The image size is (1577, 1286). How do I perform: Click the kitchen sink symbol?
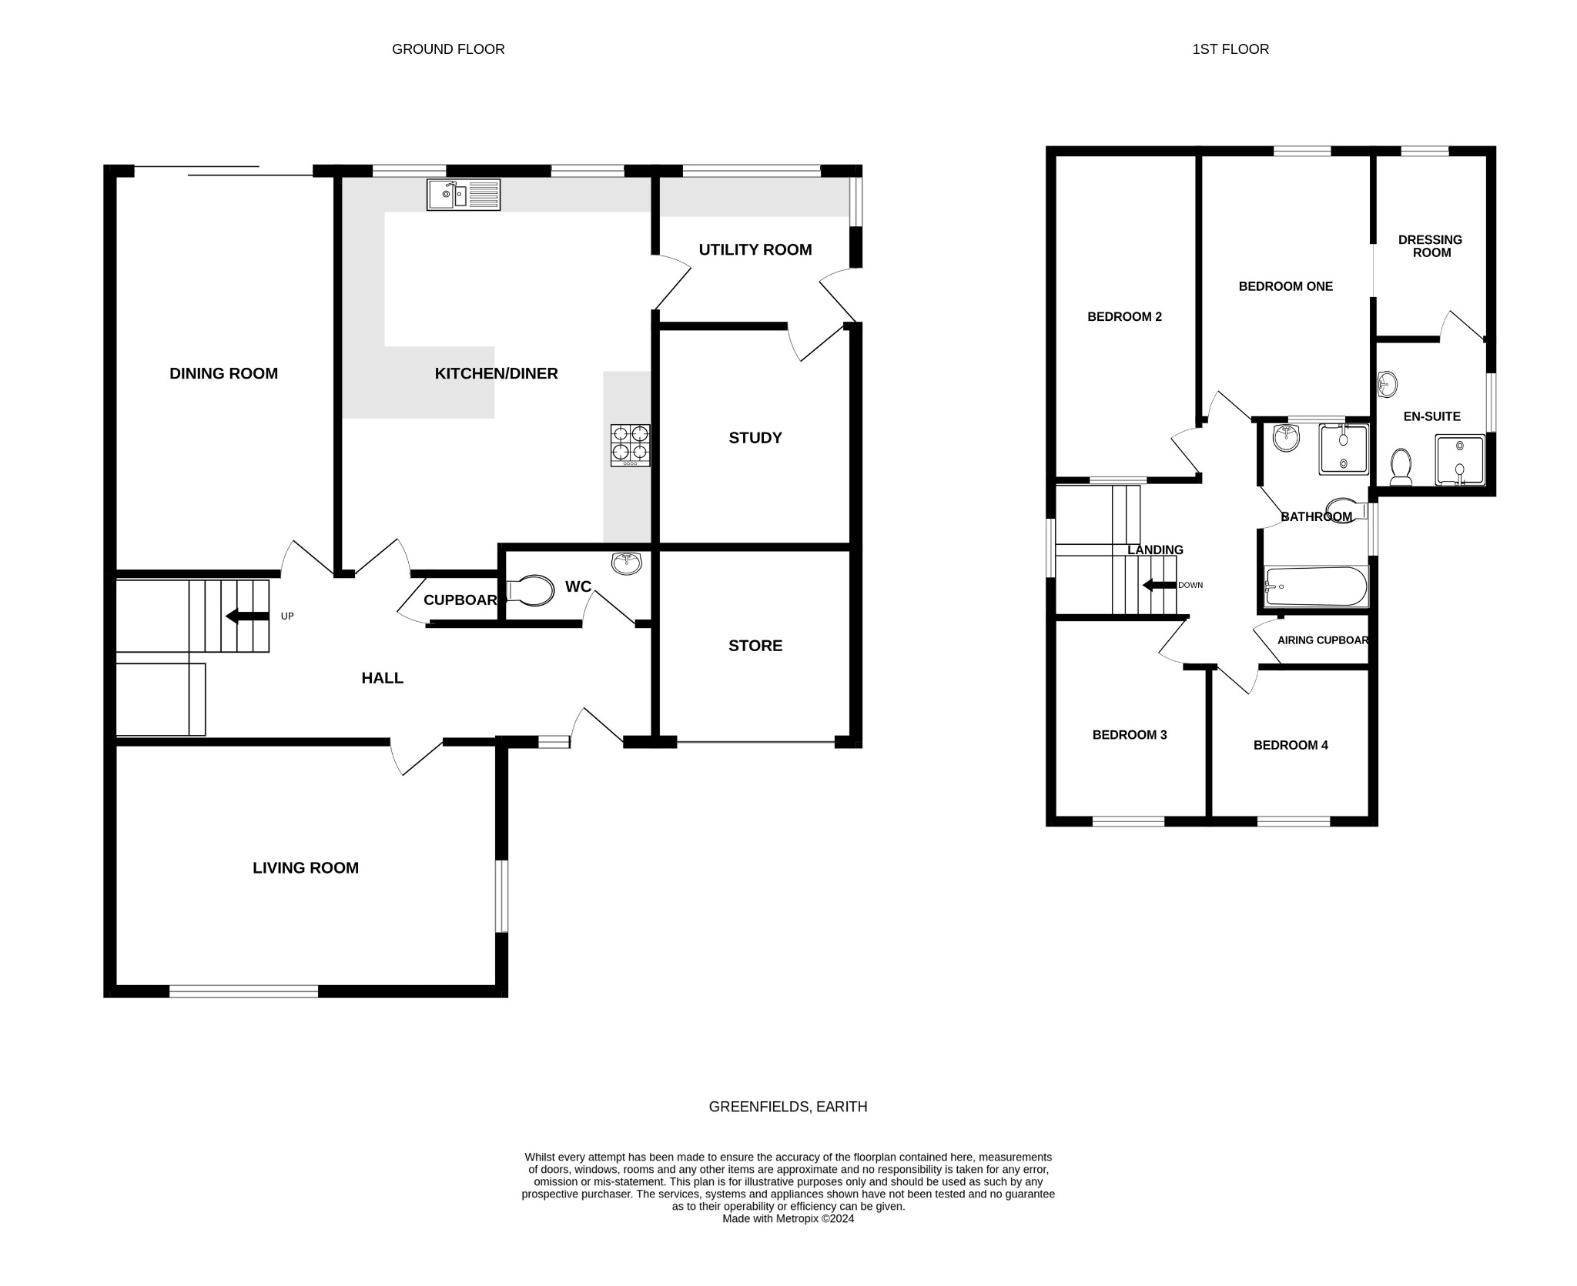[x=464, y=195]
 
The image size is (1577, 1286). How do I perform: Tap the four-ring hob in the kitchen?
[x=630, y=445]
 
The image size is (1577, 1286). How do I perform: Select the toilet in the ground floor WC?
[x=531, y=591]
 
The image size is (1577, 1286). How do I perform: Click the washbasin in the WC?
[x=627, y=563]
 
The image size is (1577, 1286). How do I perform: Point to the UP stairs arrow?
[x=246, y=616]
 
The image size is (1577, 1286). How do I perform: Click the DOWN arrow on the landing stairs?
[x=1159, y=585]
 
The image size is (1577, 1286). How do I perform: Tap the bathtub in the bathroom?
[x=1316, y=586]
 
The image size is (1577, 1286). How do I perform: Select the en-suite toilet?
[x=1401, y=467]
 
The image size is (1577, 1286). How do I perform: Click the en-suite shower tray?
[x=1459, y=460]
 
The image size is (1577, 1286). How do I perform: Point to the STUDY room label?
[x=755, y=438]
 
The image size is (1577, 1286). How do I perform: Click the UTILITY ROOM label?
[x=755, y=249]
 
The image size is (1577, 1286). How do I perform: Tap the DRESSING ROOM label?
[x=1430, y=246]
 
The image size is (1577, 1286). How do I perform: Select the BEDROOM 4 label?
[x=1291, y=745]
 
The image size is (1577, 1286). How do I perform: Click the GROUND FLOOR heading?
[x=448, y=49]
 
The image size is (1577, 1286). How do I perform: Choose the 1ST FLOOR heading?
[x=1230, y=49]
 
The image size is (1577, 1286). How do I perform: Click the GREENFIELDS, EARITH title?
[x=788, y=1107]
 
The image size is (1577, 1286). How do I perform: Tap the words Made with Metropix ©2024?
[x=788, y=1218]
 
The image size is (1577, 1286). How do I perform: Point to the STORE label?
[x=755, y=646]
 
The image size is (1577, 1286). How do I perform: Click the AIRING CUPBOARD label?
[x=1322, y=640]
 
